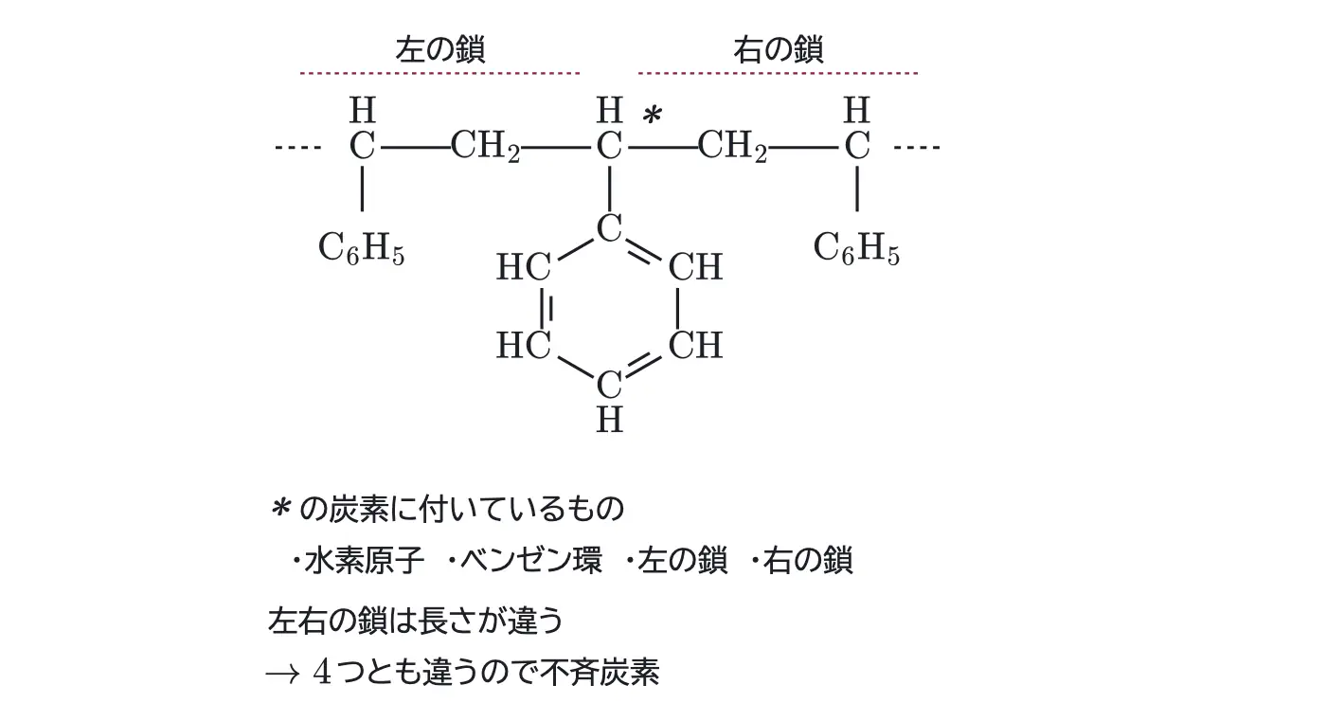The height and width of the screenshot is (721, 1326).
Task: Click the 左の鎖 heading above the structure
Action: (x=440, y=49)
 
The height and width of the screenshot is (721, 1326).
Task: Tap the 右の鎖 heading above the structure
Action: (x=779, y=49)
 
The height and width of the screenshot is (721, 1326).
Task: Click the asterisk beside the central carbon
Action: (x=652, y=115)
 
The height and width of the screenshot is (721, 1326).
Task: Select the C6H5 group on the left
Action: (x=361, y=248)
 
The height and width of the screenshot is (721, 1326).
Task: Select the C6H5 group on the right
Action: (x=856, y=248)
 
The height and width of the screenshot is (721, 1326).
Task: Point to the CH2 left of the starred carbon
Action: (x=485, y=146)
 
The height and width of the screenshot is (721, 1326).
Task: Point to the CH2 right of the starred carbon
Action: (x=732, y=146)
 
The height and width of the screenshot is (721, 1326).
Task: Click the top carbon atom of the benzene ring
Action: (x=609, y=228)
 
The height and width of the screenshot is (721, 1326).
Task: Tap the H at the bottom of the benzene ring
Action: (x=609, y=420)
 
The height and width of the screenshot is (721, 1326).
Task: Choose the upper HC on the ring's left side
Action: (x=524, y=266)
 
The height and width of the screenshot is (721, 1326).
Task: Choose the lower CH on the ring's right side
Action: (x=695, y=345)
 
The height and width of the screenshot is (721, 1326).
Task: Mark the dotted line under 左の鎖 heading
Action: (x=439, y=73)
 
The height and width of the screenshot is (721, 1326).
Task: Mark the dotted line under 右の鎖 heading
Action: (x=778, y=73)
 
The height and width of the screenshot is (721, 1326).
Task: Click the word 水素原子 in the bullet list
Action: (x=365, y=560)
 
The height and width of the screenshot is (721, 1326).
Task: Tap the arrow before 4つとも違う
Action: (x=282, y=675)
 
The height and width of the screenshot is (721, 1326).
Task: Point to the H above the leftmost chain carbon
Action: (x=362, y=110)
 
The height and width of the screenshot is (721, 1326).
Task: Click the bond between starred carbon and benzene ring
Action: (x=609, y=189)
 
